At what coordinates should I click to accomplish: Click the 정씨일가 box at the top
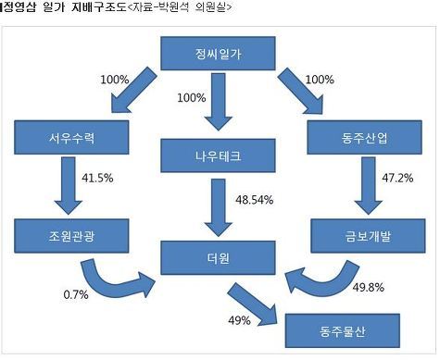[x=218, y=54]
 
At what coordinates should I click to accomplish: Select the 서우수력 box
[x=71, y=137]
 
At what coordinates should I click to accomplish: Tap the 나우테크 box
[x=218, y=155]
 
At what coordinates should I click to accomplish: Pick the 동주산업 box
[x=364, y=137]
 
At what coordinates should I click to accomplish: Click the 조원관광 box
[x=71, y=236]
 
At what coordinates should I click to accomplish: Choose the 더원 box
[x=218, y=257]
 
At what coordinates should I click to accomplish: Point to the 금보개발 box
[x=368, y=236]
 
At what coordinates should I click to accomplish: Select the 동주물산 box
[x=343, y=330]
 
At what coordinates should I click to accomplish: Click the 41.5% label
[x=97, y=178]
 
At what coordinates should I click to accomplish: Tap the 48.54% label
[x=255, y=200]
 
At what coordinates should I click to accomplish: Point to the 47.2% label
[x=397, y=178]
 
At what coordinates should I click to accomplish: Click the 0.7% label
[x=76, y=294]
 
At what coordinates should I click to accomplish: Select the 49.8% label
[x=369, y=288]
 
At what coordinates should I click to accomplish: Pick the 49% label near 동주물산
[x=239, y=320]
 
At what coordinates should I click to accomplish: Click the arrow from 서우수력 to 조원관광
[x=69, y=186]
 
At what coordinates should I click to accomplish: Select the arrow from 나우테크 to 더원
[x=219, y=207]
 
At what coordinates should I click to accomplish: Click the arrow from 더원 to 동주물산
[x=252, y=304]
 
